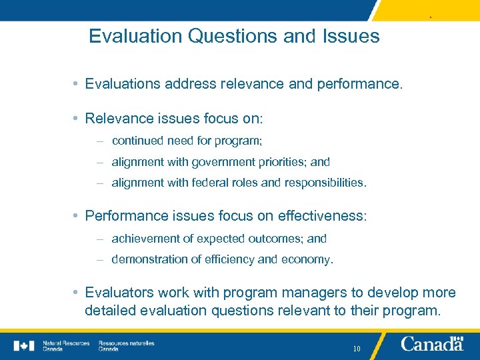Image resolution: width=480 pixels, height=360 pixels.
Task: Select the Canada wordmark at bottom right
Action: click(x=432, y=345)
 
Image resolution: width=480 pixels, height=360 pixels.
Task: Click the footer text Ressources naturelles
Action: click(x=126, y=343)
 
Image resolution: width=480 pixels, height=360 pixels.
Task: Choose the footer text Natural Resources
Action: click(x=66, y=343)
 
